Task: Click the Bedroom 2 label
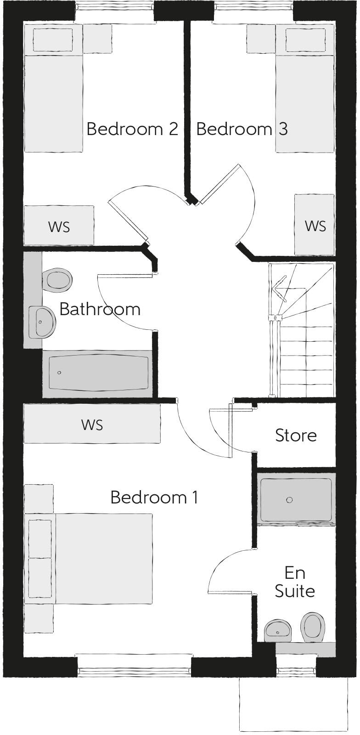(x=132, y=129)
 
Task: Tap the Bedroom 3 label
(x=242, y=129)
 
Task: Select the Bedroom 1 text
(x=154, y=498)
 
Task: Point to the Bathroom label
(x=100, y=309)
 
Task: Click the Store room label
(x=296, y=435)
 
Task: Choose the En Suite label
(x=295, y=582)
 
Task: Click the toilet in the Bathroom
(x=57, y=280)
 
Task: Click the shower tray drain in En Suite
(x=289, y=500)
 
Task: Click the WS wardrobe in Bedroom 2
(x=59, y=226)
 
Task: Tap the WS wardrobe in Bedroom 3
(x=315, y=225)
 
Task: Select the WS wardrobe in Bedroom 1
(x=92, y=424)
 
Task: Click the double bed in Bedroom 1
(x=103, y=559)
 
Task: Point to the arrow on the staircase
(x=278, y=289)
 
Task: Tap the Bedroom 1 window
(x=134, y=672)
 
